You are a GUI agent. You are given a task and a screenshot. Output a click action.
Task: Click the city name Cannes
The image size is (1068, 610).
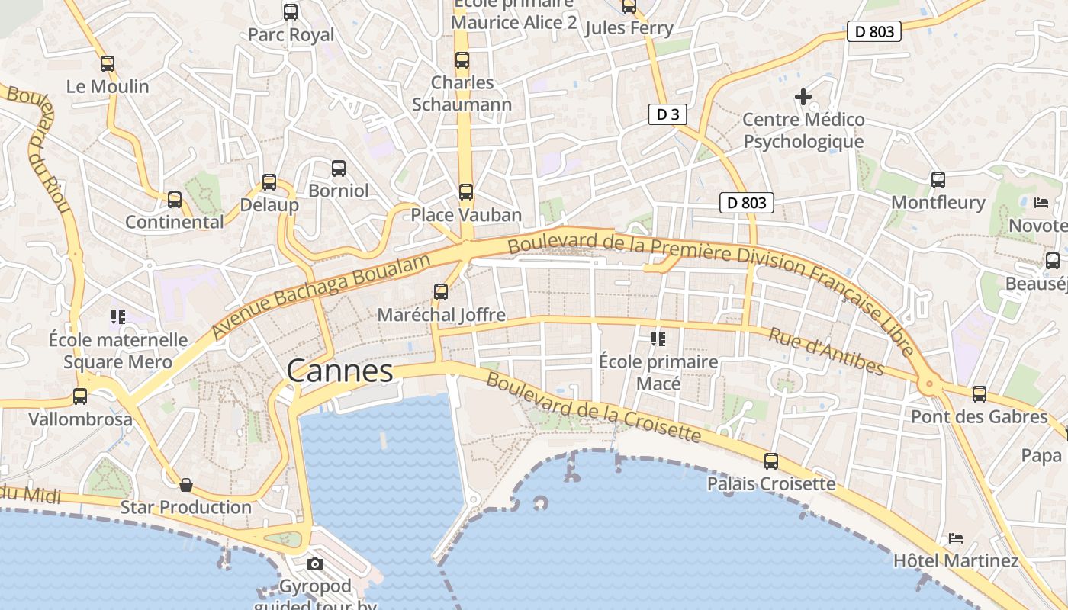(x=339, y=371)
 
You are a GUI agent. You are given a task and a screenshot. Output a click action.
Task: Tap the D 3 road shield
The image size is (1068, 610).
(x=667, y=114)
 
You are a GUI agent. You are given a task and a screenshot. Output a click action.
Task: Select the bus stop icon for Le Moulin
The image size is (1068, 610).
(x=108, y=64)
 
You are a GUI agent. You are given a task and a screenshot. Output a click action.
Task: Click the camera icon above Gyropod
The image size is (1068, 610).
(x=314, y=564)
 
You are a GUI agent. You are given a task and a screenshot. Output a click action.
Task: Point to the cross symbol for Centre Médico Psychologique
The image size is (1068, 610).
(x=803, y=97)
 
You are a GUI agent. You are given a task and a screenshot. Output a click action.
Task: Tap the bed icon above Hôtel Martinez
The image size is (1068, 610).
(x=956, y=538)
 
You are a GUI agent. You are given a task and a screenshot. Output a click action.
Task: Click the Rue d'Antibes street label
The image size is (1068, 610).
(x=826, y=352)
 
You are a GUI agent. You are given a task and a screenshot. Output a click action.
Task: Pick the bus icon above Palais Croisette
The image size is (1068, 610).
(x=771, y=461)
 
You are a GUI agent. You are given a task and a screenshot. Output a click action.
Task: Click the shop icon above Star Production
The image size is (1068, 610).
(x=185, y=485)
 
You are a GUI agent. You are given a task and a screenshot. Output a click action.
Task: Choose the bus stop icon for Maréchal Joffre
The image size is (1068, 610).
(x=440, y=292)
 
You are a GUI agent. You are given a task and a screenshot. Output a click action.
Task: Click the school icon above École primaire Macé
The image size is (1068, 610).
(x=658, y=339)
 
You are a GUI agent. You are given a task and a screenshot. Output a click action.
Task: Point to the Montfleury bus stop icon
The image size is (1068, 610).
(x=938, y=180)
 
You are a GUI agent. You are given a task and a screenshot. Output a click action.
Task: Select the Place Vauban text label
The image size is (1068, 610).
(x=466, y=215)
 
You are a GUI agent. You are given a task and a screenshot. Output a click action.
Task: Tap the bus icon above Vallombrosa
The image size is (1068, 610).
(x=80, y=396)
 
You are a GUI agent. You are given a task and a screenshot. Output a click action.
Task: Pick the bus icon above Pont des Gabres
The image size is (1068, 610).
(x=980, y=394)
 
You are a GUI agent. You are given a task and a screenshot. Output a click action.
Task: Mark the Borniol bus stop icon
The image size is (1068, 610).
(x=338, y=169)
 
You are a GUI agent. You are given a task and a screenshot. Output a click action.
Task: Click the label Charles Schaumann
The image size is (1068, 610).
(x=462, y=93)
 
